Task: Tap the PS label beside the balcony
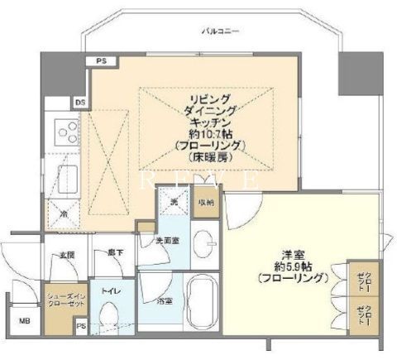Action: point(101,61)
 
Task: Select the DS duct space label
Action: point(80,102)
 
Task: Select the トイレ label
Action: point(108,291)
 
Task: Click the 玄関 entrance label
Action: point(66,257)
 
